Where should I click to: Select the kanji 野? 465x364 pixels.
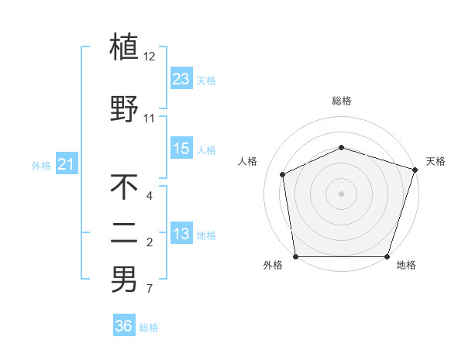pos(124,109)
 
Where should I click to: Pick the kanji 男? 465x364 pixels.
pos(124,280)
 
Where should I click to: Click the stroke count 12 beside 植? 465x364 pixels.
pos(150,57)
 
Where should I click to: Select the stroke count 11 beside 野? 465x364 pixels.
pos(150,118)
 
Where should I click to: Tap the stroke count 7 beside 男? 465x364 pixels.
pos(149,290)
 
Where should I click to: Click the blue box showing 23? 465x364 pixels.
pos(181,79)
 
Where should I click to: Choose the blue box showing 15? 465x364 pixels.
pos(181,149)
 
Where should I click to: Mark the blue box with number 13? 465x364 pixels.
pos(181,235)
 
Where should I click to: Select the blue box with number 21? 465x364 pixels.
pos(66,165)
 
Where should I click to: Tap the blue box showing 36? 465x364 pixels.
pos(124,327)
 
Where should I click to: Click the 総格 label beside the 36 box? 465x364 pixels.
pos(149,328)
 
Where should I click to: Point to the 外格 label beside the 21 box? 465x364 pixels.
pos(41,166)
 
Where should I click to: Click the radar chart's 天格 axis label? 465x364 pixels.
pos(436,161)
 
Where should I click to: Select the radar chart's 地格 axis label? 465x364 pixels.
pos(406,265)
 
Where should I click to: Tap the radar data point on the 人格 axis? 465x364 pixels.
pos(283,174)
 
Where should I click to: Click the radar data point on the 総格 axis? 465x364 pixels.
pos(342,147)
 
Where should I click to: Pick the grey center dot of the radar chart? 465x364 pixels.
pos(342,193)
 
